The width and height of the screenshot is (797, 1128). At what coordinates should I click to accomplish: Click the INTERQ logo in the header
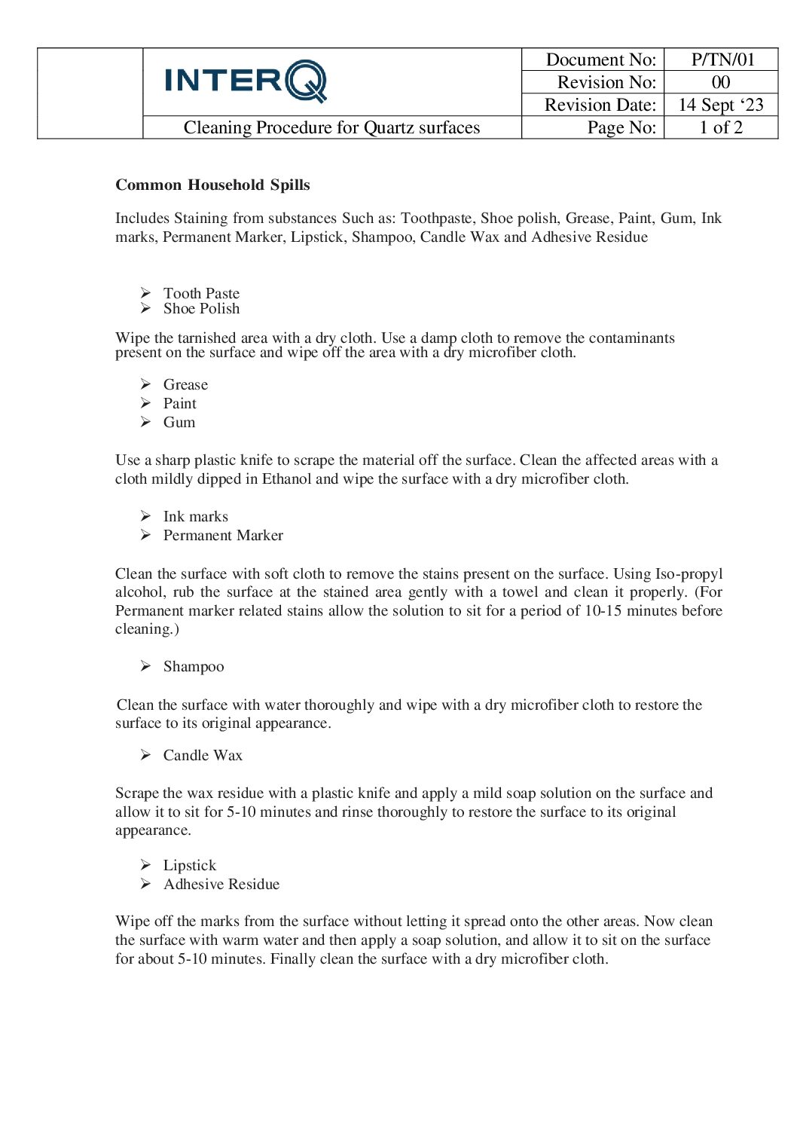point(246,81)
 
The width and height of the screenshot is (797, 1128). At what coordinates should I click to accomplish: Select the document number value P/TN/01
point(722,60)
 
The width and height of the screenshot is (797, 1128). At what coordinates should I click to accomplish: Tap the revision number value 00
point(721,82)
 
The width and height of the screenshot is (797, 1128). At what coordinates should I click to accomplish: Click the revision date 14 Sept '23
point(721,105)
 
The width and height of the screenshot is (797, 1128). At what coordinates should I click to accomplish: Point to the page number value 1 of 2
point(721,127)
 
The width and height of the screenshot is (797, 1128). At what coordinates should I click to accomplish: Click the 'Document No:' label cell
point(600,60)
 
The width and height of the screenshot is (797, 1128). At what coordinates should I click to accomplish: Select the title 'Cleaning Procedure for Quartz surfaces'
point(331,127)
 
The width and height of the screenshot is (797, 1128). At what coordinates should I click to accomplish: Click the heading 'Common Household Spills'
point(212,185)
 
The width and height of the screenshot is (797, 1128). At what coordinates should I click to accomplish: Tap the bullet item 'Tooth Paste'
point(201,293)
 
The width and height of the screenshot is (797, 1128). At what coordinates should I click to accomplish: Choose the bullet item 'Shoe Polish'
point(201,308)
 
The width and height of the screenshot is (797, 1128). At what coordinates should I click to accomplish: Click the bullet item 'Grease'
point(185,384)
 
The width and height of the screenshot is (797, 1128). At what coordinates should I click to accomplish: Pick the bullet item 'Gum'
point(179,422)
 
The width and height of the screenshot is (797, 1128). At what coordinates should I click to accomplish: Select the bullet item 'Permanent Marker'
point(223,535)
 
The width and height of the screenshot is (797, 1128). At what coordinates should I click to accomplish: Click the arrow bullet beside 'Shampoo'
point(145,666)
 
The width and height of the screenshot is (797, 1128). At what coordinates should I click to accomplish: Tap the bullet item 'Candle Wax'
point(203,755)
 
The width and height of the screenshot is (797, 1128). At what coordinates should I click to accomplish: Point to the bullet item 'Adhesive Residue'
point(221,884)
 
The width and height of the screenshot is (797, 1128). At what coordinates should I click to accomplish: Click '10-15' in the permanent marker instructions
point(603,610)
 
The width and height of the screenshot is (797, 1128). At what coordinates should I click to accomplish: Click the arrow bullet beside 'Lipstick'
point(145,865)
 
